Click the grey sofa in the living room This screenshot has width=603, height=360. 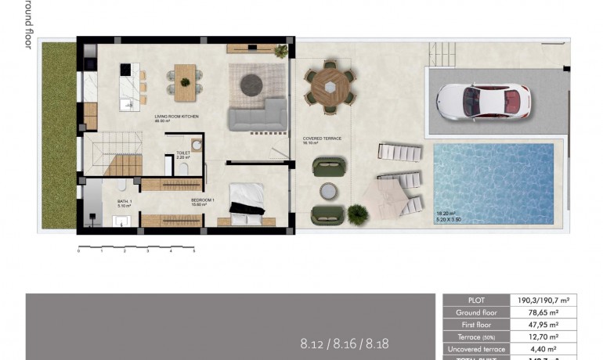257,116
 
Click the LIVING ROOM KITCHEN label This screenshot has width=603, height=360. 176,117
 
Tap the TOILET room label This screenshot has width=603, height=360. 183,154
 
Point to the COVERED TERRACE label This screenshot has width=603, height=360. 322,139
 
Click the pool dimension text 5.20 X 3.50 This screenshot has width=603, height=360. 451,218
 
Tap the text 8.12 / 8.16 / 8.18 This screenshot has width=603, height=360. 344,343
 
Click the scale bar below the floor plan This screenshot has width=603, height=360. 136,249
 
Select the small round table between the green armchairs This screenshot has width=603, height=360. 327,191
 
